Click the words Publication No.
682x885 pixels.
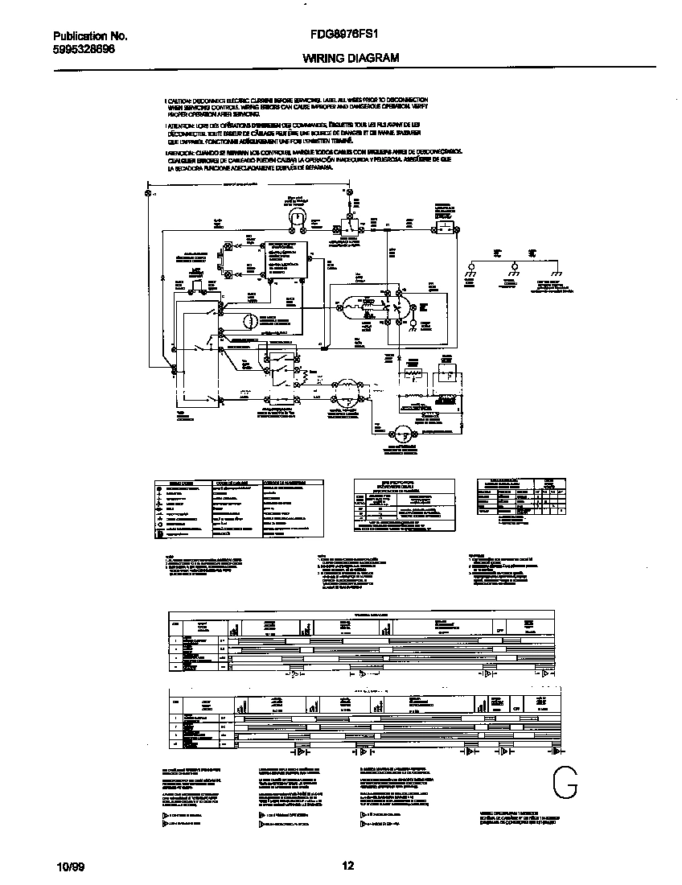[90, 36]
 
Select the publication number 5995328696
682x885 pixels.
[84, 48]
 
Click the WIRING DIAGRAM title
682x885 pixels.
[351, 58]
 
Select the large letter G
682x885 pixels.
[566, 782]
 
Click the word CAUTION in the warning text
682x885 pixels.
[179, 98]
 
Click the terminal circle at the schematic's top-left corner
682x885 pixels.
[147, 194]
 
